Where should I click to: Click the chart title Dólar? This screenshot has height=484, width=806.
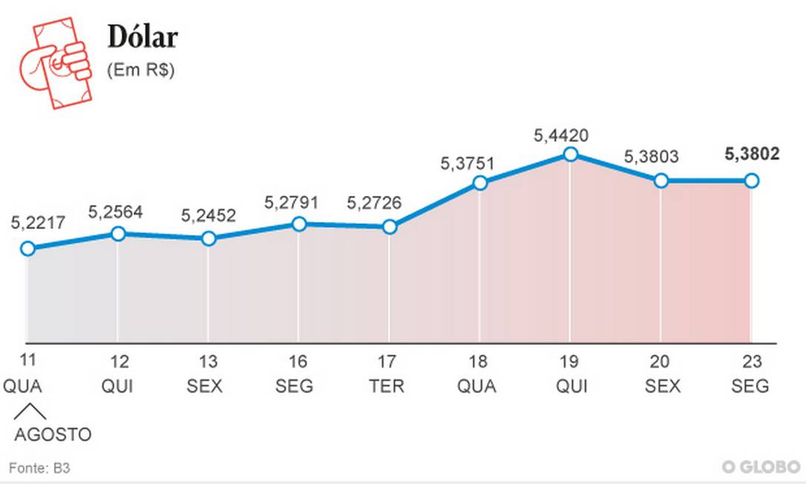pyautogui.click(x=143, y=37)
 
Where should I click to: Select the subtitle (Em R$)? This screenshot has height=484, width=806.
pyautogui.click(x=141, y=71)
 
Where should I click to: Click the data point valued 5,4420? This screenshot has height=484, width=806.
pyautogui.click(x=570, y=154)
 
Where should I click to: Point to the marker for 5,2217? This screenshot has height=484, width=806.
pyautogui.click(x=27, y=248)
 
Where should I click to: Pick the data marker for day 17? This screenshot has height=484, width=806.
pyautogui.click(x=389, y=227)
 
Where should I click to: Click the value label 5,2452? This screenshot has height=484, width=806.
pyautogui.click(x=209, y=216)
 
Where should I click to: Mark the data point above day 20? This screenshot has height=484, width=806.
pyautogui.click(x=661, y=180)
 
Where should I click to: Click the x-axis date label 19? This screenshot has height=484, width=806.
pyautogui.click(x=569, y=362)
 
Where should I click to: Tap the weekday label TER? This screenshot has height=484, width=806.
pyautogui.click(x=389, y=387)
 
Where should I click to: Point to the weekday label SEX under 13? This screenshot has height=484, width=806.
pyautogui.click(x=209, y=387)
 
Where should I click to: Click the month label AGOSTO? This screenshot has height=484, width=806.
pyautogui.click(x=53, y=434)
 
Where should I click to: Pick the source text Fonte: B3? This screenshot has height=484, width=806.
pyautogui.click(x=39, y=468)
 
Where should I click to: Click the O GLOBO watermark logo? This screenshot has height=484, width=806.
pyautogui.click(x=761, y=466)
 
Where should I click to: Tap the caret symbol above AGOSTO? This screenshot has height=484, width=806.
pyautogui.click(x=29, y=412)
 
